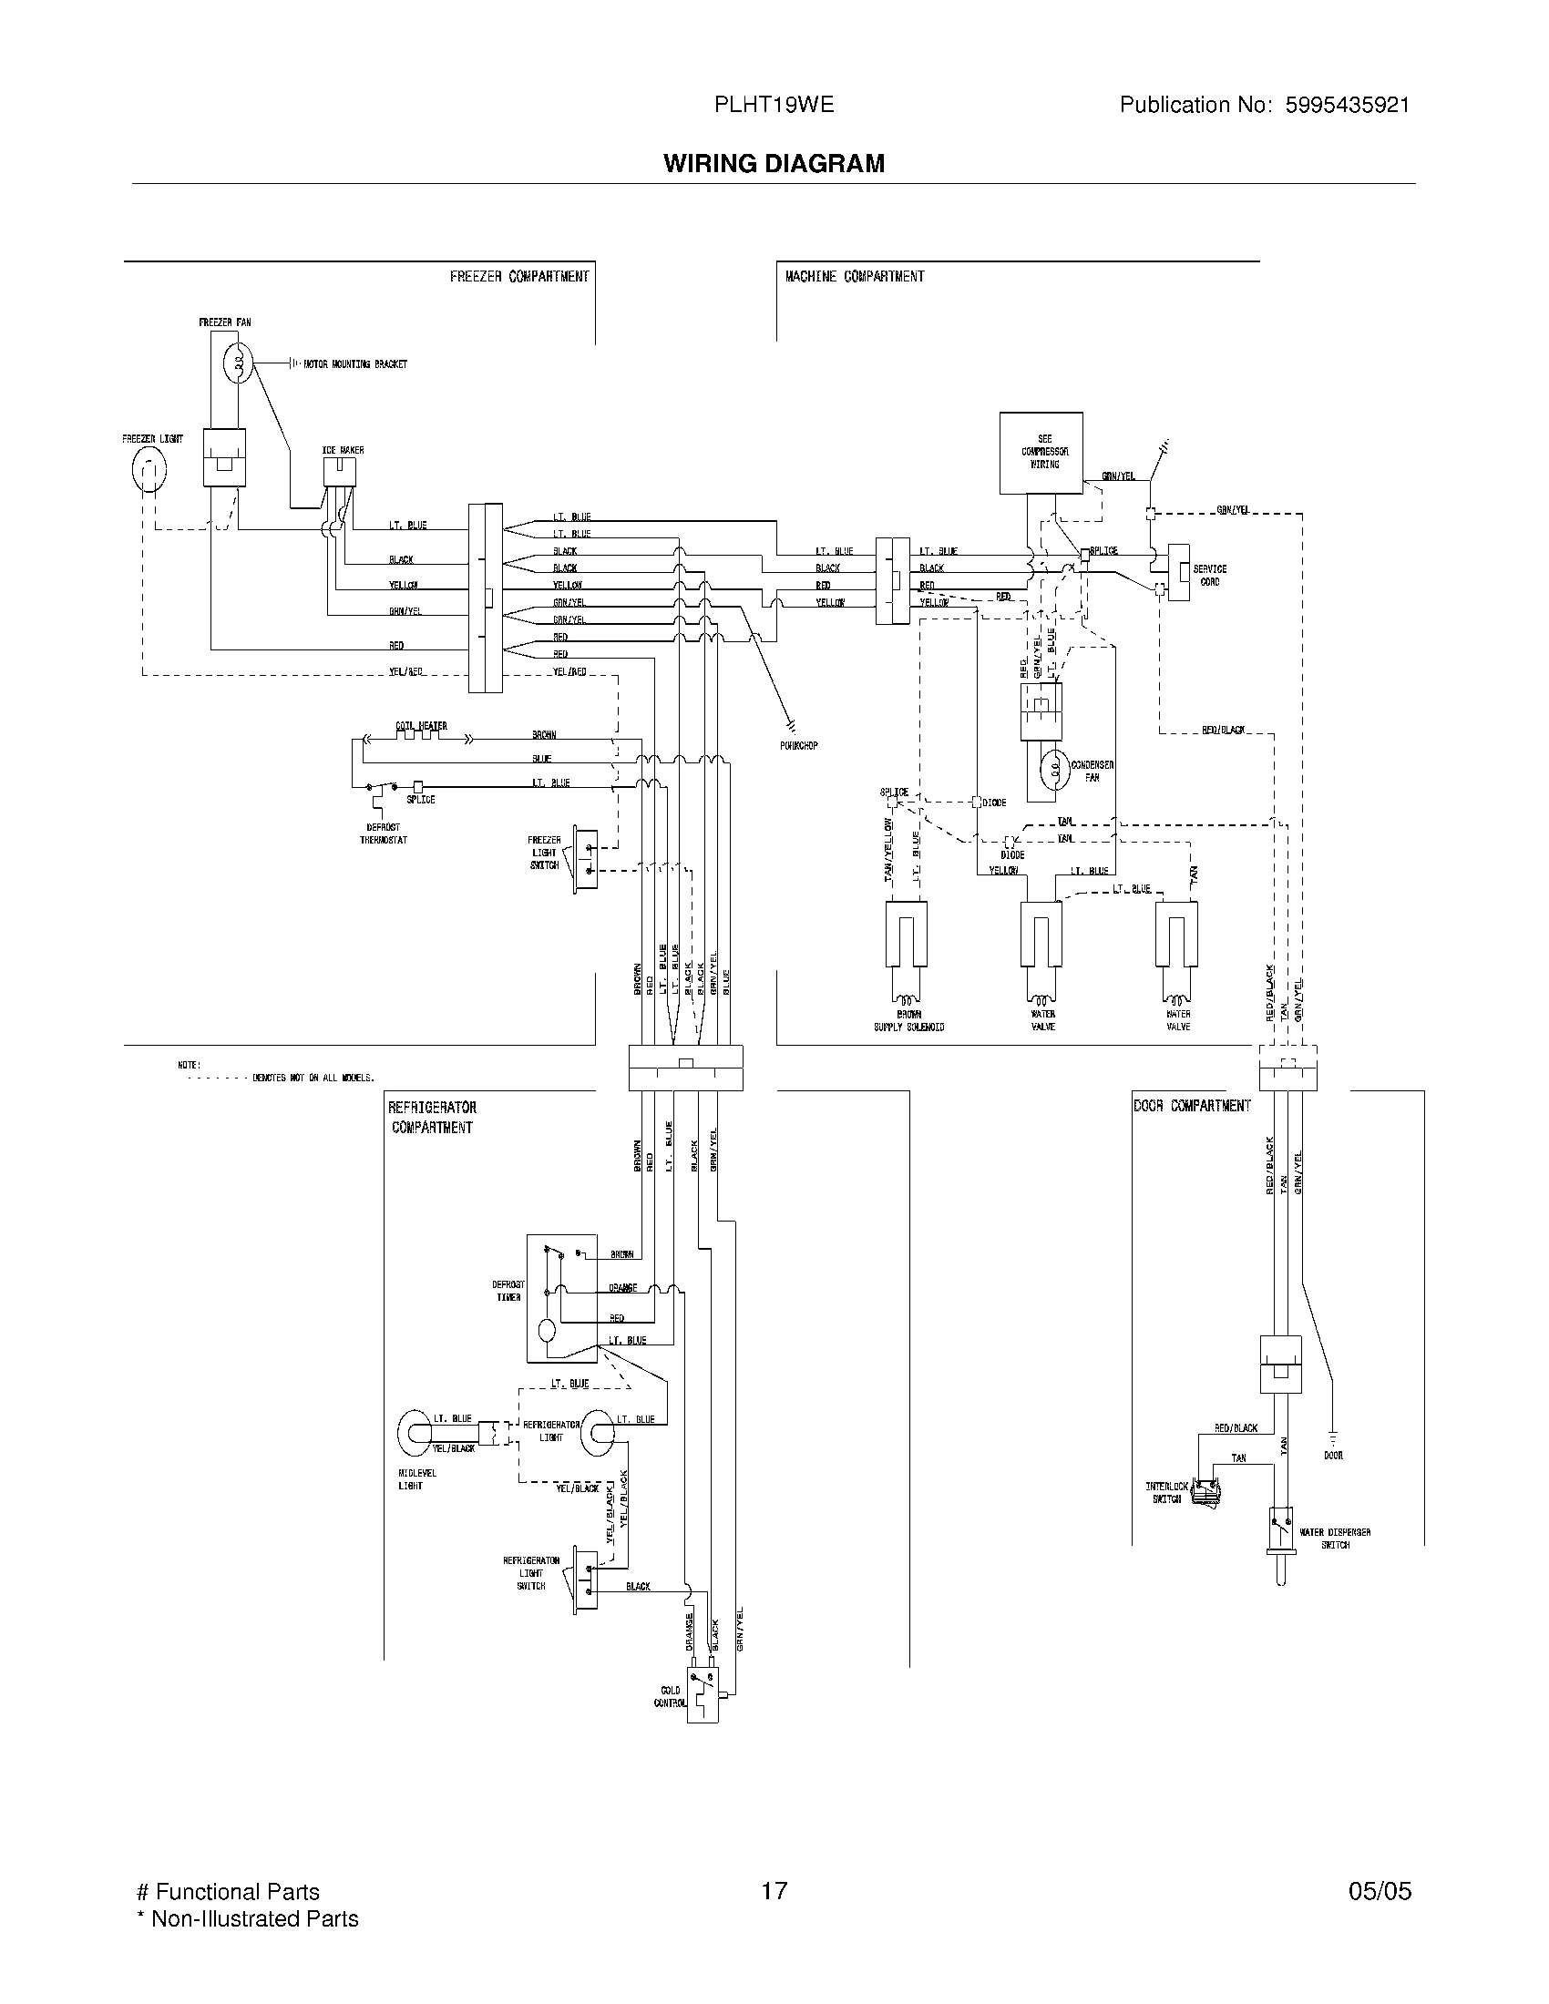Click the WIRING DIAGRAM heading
click(x=774, y=163)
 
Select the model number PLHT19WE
click(x=774, y=105)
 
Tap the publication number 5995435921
click(x=1347, y=105)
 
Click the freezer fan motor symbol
click(x=237, y=364)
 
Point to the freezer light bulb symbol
click(x=149, y=471)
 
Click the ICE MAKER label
click(x=343, y=451)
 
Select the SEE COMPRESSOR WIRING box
click(x=1041, y=453)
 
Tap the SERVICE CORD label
click(x=1209, y=576)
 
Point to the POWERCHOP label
click(x=798, y=745)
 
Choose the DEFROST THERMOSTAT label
click(x=383, y=833)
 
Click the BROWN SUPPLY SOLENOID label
click(x=908, y=1020)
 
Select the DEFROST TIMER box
click(x=561, y=1298)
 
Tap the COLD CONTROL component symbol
click(x=703, y=1696)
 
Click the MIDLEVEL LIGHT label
click(x=416, y=1479)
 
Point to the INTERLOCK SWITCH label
click(x=1166, y=1492)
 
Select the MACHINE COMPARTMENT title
click(x=855, y=276)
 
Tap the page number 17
click(x=774, y=1890)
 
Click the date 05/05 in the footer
click(x=1380, y=1890)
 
